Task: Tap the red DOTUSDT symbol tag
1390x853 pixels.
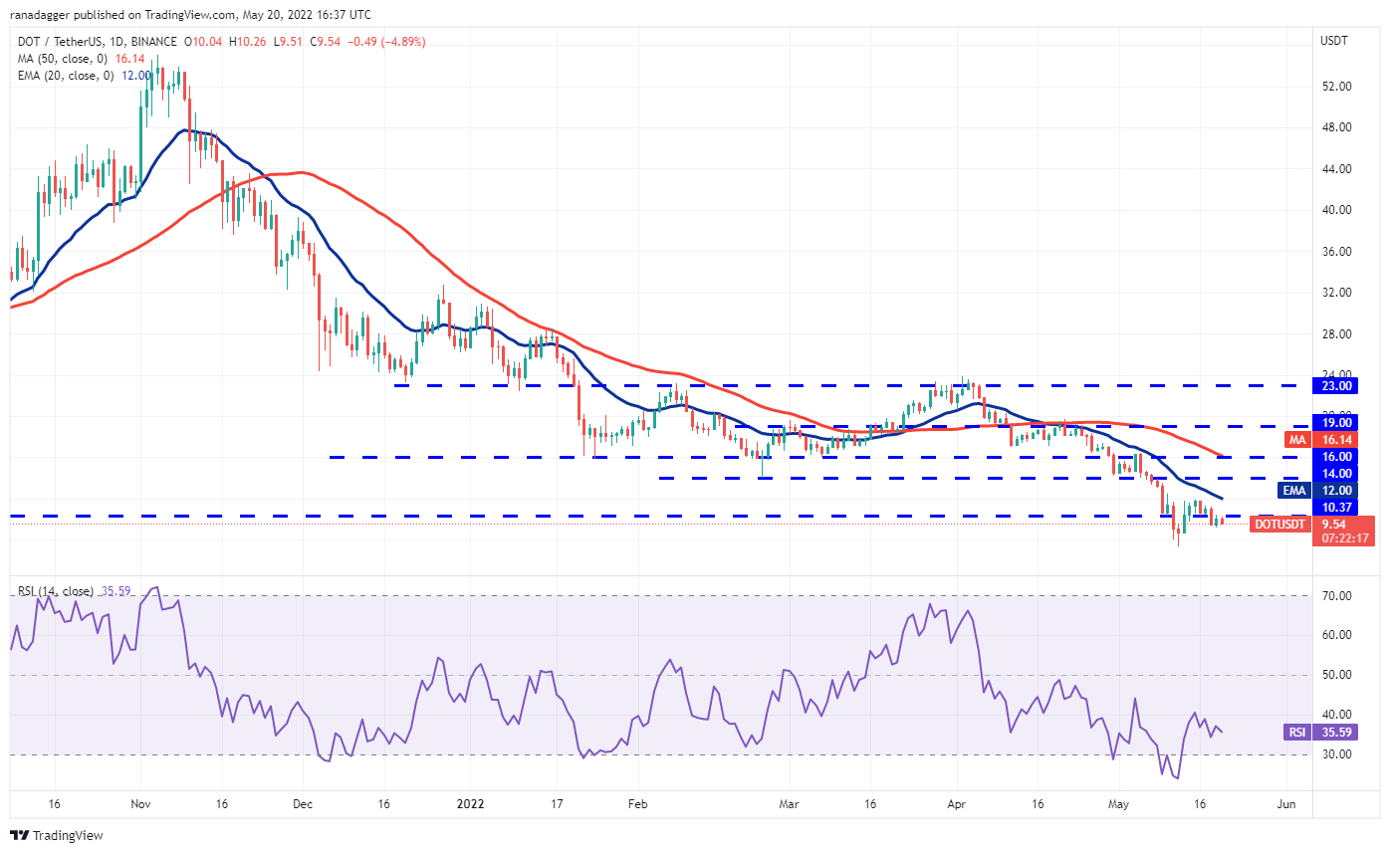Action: (x=1279, y=524)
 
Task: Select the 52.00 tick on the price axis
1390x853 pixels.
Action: (x=1335, y=87)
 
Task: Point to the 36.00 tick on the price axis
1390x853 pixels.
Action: (x=1335, y=252)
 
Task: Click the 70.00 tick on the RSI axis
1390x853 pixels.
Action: (x=1335, y=596)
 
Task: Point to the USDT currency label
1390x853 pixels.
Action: (x=1335, y=41)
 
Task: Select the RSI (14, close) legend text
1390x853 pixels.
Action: (x=56, y=591)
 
